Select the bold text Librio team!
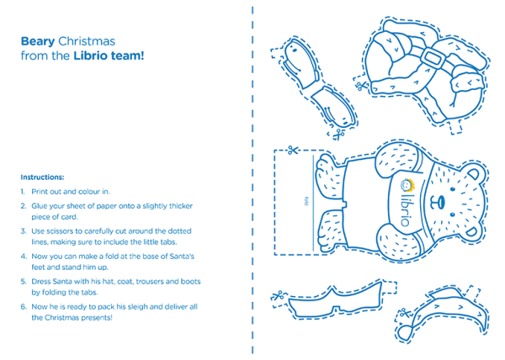109,56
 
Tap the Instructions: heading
42,177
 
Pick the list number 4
23,255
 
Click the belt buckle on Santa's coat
436,61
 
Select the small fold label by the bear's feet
306,202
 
